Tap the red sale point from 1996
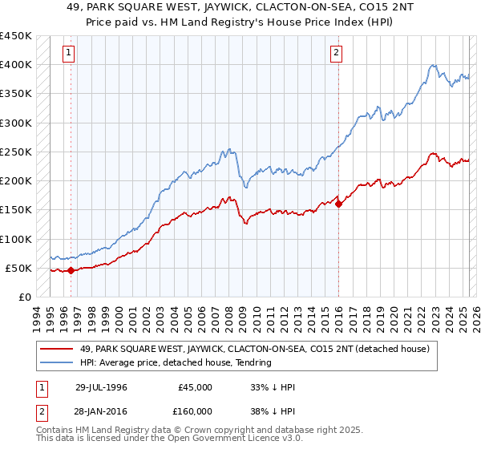[71, 271]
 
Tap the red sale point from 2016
[338, 204]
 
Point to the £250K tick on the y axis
[16, 152]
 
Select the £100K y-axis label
[16, 239]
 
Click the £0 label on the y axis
[25, 297]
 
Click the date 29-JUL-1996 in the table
[101, 387]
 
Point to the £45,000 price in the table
[196, 387]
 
